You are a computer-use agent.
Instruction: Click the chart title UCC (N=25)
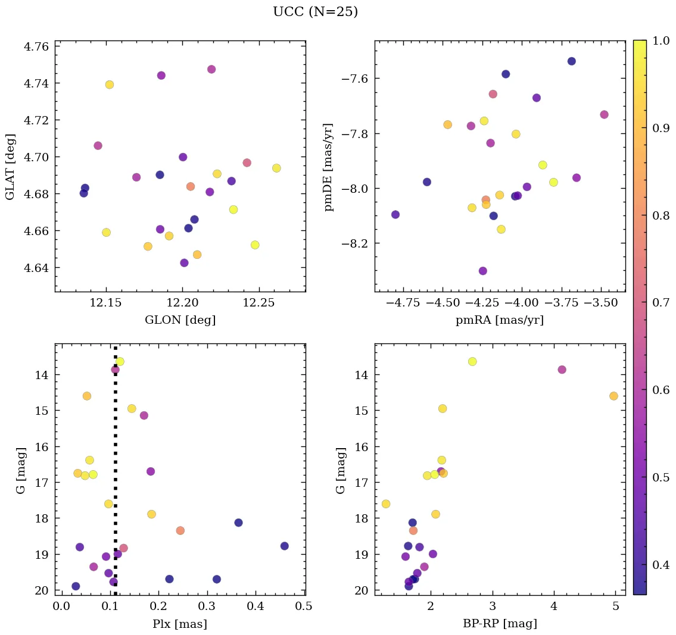point(315,12)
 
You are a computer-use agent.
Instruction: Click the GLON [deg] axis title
point(180,320)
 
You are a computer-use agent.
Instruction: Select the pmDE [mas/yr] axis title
point(329,167)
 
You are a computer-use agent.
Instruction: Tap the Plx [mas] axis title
point(180,624)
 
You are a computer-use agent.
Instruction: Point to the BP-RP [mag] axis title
point(500,624)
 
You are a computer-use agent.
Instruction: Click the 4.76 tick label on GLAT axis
point(36,46)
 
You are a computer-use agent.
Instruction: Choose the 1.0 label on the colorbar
point(661,40)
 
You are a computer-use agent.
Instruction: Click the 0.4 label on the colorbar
point(661,565)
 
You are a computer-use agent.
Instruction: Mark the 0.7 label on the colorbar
point(661,303)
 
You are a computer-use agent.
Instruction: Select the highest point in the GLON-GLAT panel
point(211,69)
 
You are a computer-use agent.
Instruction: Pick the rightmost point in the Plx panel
point(285,546)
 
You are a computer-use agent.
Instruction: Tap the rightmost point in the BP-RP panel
point(614,396)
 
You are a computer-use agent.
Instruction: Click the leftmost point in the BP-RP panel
point(386,503)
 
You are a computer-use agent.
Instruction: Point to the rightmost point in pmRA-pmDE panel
point(604,114)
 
